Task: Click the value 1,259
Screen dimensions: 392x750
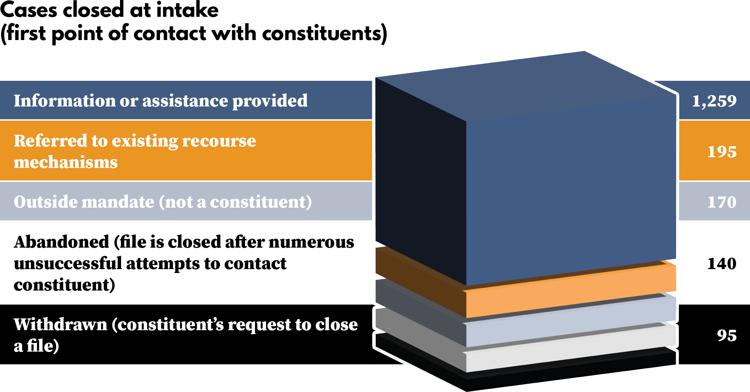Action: [714, 101]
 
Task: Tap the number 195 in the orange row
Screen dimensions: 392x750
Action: [722, 152]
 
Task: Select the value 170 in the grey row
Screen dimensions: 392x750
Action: [722, 202]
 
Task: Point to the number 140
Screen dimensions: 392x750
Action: [722, 264]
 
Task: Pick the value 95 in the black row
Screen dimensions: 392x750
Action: [726, 336]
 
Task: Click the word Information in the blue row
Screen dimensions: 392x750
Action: [64, 101]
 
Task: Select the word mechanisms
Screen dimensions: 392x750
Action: [66, 163]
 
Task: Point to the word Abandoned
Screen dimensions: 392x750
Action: [61, 242]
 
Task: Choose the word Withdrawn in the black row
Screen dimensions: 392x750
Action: [60, 324]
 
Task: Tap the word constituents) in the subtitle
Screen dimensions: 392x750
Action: [324, 34]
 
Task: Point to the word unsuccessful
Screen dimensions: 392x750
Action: [68, 264]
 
